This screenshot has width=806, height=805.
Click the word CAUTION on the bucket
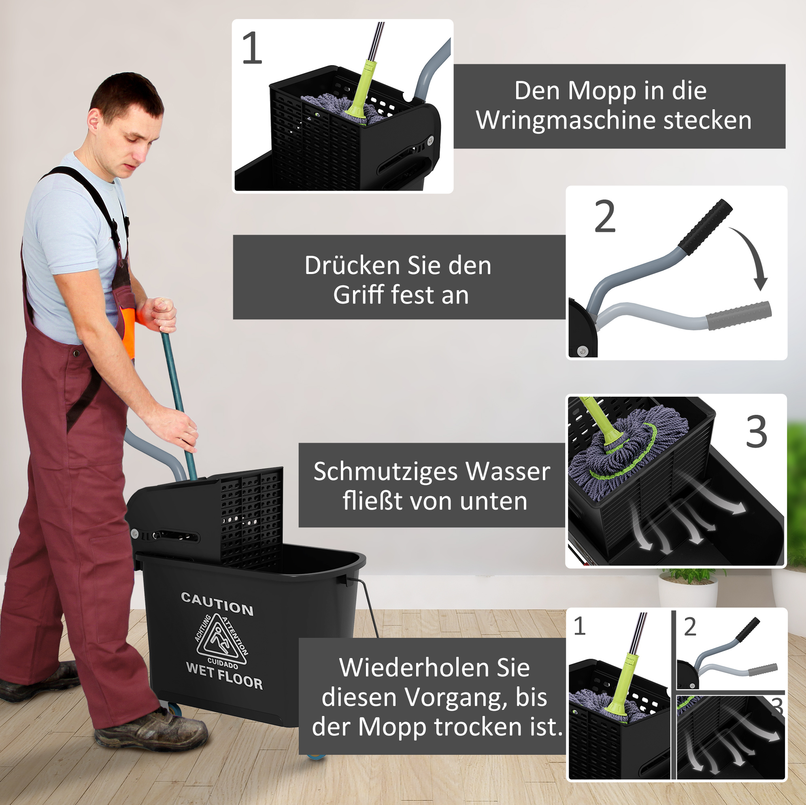click(x=217, y=603)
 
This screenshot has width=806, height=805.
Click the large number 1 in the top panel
click(x=252, y=48)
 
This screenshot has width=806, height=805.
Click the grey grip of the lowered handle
click(x=738, y=315)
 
